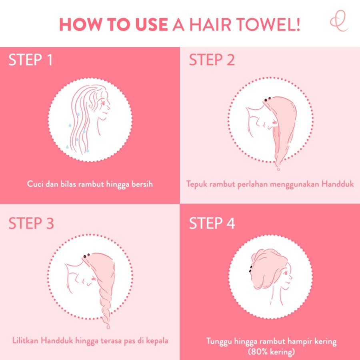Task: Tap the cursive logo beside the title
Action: coord(339,23)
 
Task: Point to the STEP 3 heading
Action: coord(31,224)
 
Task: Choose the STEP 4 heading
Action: coord(212,224)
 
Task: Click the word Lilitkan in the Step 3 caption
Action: coord(26,341)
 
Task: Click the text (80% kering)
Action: coord(271,352)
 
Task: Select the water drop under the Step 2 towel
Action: coord(278,169)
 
